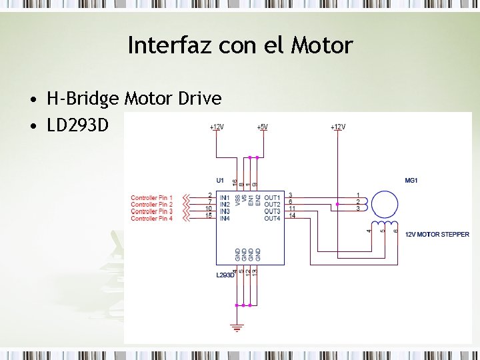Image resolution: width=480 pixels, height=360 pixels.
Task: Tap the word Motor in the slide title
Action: click(322, 45)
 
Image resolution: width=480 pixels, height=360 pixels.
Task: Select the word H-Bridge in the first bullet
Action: click(83, 99)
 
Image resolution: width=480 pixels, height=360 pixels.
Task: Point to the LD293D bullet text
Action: click(77, 124)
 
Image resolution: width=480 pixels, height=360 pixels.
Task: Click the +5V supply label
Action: click(263, 127)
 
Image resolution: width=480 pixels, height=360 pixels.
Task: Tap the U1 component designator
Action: click(220, 180)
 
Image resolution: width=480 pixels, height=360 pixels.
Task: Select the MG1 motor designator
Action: click(411, 181)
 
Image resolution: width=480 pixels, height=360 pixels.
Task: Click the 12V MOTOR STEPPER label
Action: click(437, 234)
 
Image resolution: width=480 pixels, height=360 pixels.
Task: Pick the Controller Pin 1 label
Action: click(151, 198)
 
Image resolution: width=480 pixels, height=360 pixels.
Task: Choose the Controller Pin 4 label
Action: click(151, 219)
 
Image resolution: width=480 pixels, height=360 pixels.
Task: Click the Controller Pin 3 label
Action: click(151, 212)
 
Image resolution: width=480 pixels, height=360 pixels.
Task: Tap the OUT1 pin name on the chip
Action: click(272, 198)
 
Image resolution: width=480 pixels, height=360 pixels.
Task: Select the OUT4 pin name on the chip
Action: click(272, 219)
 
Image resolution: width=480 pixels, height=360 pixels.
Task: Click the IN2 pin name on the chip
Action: click(225, 205)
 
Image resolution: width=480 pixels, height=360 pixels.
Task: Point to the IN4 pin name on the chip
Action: click(225, 219)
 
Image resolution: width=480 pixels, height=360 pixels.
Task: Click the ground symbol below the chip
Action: click(237, 327)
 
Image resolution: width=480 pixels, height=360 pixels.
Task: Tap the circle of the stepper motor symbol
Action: click(384, 204)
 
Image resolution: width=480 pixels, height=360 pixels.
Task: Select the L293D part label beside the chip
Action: click(225, 275)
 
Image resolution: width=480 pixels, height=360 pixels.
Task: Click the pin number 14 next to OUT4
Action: click(292, 216)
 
